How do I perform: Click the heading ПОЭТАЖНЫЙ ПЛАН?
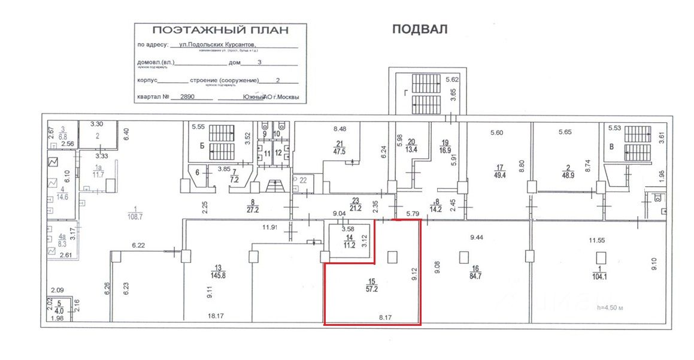[220, 30]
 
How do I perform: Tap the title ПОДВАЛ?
[420, 29]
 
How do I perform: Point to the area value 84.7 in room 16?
[476, 277]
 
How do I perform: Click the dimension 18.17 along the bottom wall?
[215, 315]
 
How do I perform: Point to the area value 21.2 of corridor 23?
[357, 208]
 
